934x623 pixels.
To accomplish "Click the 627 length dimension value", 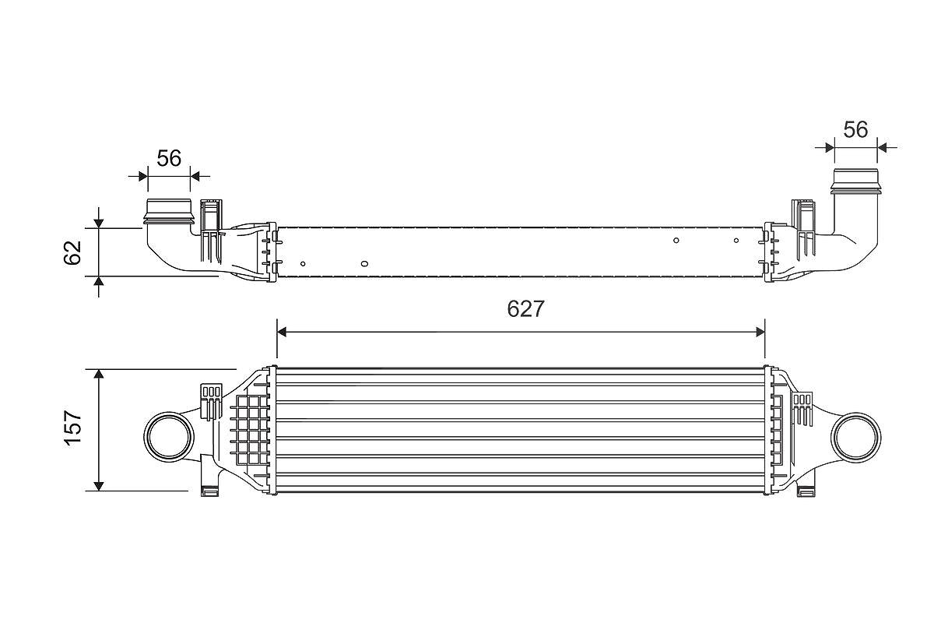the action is coord(525,309).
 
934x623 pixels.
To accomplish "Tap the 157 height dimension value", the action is coord(72,428).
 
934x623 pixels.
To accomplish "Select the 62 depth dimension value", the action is coord(72,252).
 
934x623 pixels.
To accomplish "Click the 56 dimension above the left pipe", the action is coord(169,159).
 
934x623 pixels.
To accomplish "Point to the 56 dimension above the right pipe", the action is coord(855,129).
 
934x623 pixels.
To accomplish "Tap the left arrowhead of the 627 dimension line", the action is coord(282,333).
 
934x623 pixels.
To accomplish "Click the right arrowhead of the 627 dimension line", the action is coord(760,333).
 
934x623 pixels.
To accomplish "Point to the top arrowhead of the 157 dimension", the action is coord(98,374).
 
